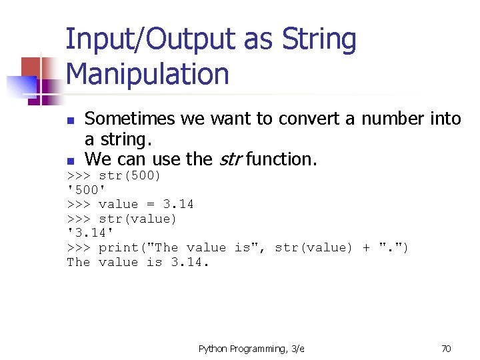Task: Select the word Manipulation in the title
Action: tap(147, 74)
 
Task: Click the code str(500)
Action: tap(130, 176)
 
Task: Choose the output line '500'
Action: tap(87, 190)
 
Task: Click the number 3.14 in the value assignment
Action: tap(178, 205)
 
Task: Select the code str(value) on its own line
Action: tap(137, 219)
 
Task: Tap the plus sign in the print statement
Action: tap(366, 248)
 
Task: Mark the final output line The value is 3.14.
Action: tap(138, 262)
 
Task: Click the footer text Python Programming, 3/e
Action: tap(251, 348)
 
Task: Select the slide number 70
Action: tap(446, 348)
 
